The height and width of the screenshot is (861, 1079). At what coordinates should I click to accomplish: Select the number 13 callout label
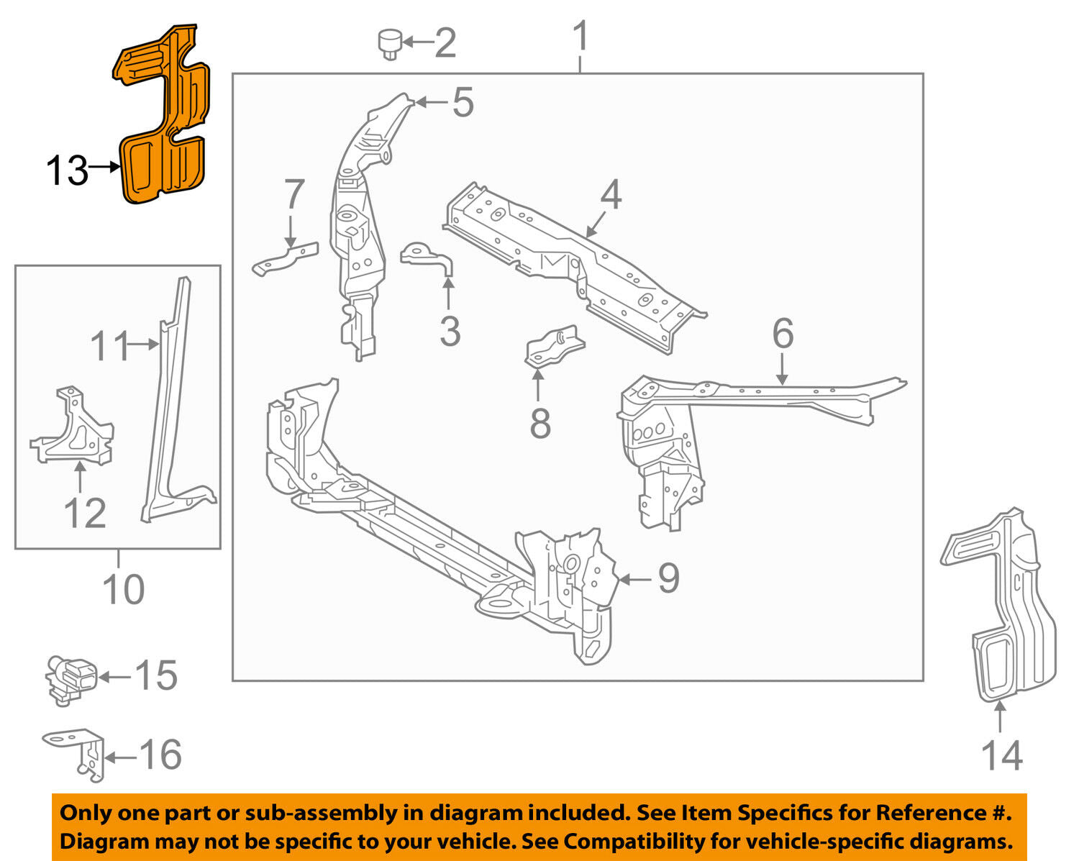pos(66,171)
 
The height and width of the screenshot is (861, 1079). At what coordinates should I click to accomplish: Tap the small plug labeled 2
pos(390,44)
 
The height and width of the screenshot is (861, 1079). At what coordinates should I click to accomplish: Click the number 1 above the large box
pos(581,37)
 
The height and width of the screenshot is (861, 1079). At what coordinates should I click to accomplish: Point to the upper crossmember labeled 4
pos(575,266)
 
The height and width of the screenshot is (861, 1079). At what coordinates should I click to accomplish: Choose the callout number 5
pos(463,102)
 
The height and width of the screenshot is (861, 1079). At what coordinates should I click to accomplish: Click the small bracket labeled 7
pos(285,258)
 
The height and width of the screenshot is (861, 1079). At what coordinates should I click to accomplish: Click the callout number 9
pos(668,578)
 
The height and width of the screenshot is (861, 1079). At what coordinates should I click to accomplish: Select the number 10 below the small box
pos(124,589)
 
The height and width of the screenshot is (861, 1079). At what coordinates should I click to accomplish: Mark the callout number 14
pos(1001,755)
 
